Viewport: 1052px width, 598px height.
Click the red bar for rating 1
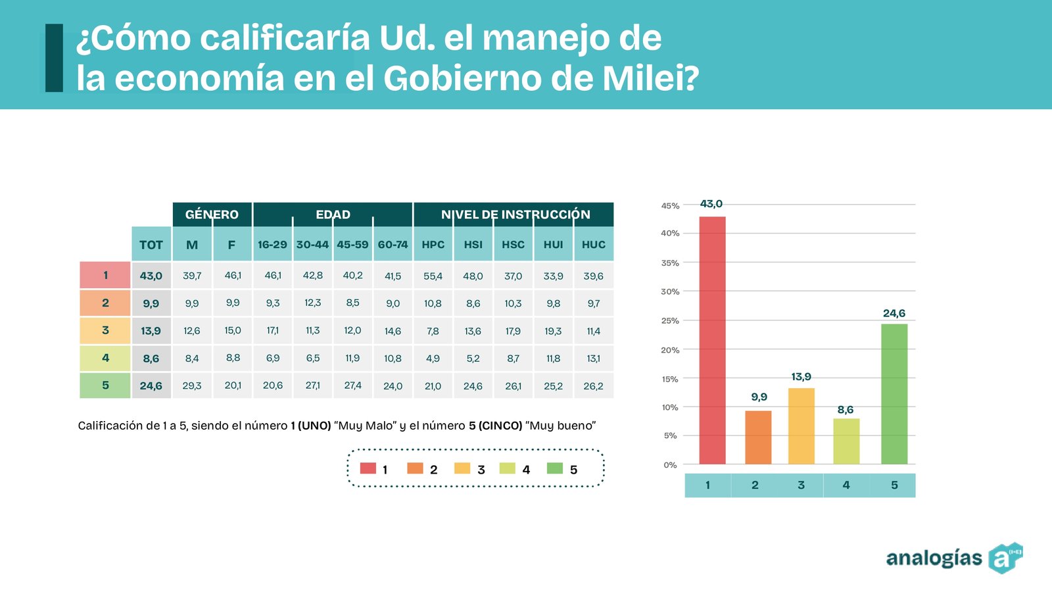pyautogui.click(x=712, y=340)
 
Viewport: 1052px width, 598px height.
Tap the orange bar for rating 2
pyautogui.click(x=758, y=437)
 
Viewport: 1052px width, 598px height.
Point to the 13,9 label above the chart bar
pyautogui.click(x=801, y=377)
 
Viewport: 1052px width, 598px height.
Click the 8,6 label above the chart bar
pyautogui.click(x=846, y=410)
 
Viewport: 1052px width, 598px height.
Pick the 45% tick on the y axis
pyautogui.click(x=670, y=206)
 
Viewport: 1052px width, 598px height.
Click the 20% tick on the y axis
pyautogui.click(x=670, y=350)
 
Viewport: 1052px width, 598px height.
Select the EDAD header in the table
pyautogui.click(x=333, y=214)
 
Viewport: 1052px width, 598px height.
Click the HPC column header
pyautogui.click(x=433, y=245)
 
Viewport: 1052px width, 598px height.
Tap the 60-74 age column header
pyautogui.click(x=393, y=245)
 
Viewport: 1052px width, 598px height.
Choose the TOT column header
pyautogui.click(x=151, y=245)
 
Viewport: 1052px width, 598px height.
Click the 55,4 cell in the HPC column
pyautogui.click(x=433, y=276)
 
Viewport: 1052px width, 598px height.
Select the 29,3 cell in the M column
pyautogui.click(x=192, y=386)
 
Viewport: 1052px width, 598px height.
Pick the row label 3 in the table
pyautogui.click(x=105, y=330)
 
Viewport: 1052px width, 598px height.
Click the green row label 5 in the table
pyautogui.click(x=105, y=386)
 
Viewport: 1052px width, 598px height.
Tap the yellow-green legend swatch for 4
pyautogui.click(x=507, y=468)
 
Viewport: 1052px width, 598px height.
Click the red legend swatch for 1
pyautogui.click(x=368, y=468)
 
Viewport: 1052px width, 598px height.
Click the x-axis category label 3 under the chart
pyautogui.click(x=801, y=485)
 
